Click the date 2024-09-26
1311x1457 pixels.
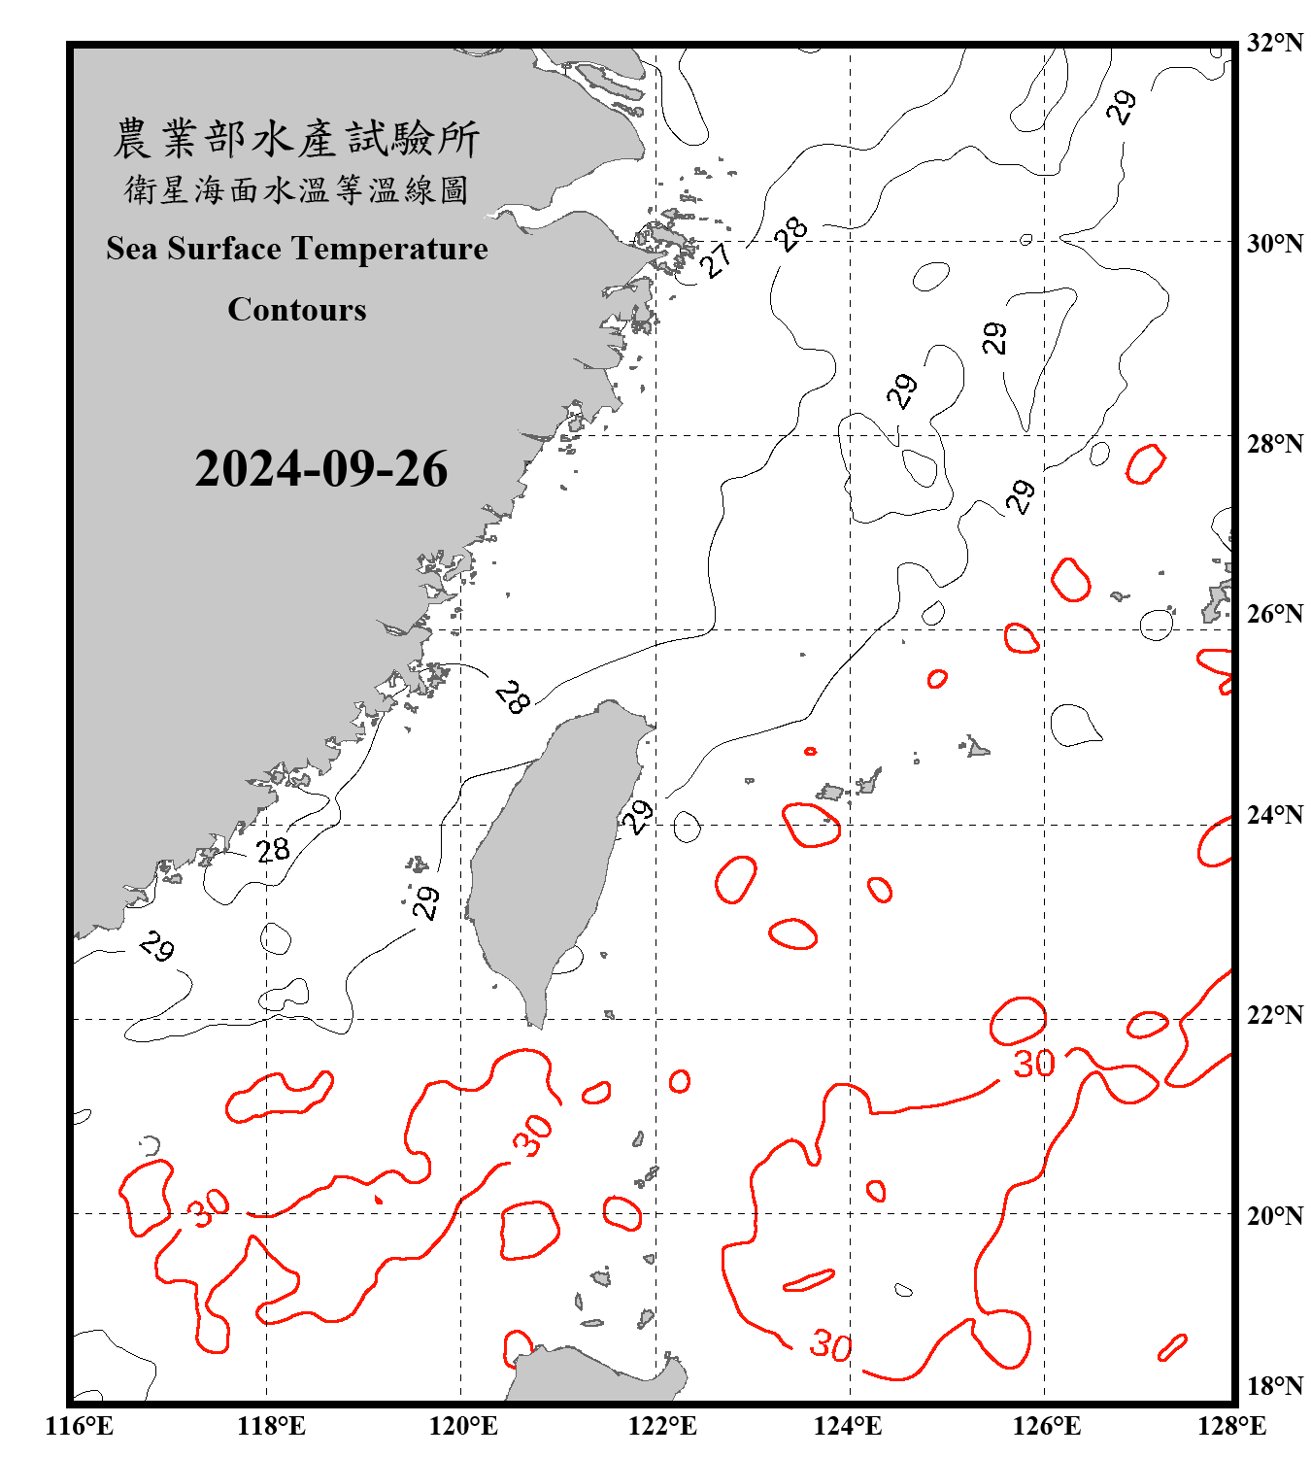click(321, 469)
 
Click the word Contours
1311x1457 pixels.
click(297, 310)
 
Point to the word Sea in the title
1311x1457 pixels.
click(131, 249)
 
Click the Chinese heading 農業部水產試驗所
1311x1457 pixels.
click(296, 139)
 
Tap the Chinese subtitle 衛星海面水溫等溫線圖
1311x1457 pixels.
click(296, 189)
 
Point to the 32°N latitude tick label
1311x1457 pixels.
click(1275, 43)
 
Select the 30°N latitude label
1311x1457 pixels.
click(1275, 243)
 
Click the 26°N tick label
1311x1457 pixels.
click(1275, 614)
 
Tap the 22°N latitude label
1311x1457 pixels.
click(1275, 1016)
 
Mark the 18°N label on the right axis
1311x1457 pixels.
click(1275, 1386)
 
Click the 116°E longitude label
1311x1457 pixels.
click(79, 1426)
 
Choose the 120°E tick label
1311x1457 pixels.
click(463, 1426)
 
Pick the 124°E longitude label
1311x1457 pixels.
click(848, 1426)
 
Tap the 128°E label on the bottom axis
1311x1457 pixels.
click(1231, 1426)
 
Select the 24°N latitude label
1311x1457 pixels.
click(1275, 815)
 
